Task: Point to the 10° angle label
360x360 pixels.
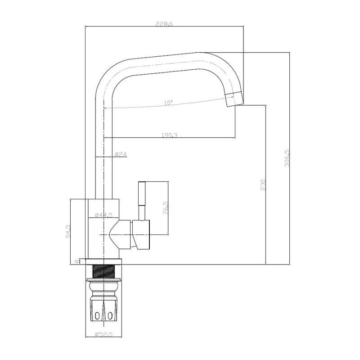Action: click(x=168, y=103)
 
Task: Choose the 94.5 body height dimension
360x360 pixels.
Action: click(x=68, y=231)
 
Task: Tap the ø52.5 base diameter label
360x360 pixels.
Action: click(x=103, y=334)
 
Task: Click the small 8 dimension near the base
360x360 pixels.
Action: click(x=77, y=261)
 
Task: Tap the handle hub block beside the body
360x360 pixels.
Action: click(x=141, y=234)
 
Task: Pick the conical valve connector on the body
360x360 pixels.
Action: click(x=121, y=234)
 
